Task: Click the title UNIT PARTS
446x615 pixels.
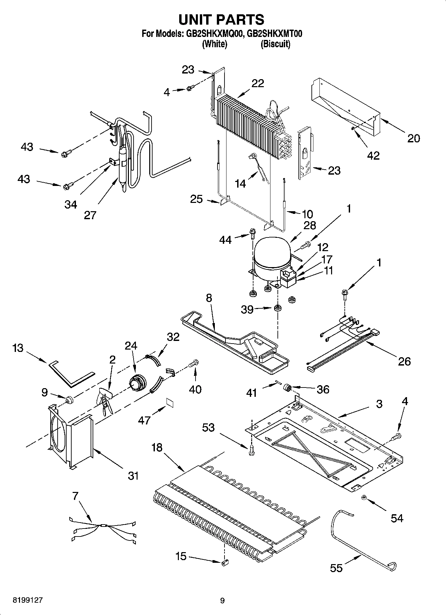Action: click(x=222, y=20)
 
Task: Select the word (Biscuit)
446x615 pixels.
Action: click(x=275, y=44)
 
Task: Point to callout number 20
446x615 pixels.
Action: click(x=413, y=138)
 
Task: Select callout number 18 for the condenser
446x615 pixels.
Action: click(x=157, y=447)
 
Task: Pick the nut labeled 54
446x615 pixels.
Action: click(x=364, y=498)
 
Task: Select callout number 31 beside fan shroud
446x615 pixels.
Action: click(x=133, y=476)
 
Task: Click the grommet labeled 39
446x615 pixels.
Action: click(x=276, y=309)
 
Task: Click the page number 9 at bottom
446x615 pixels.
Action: click(x=222, y=600)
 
